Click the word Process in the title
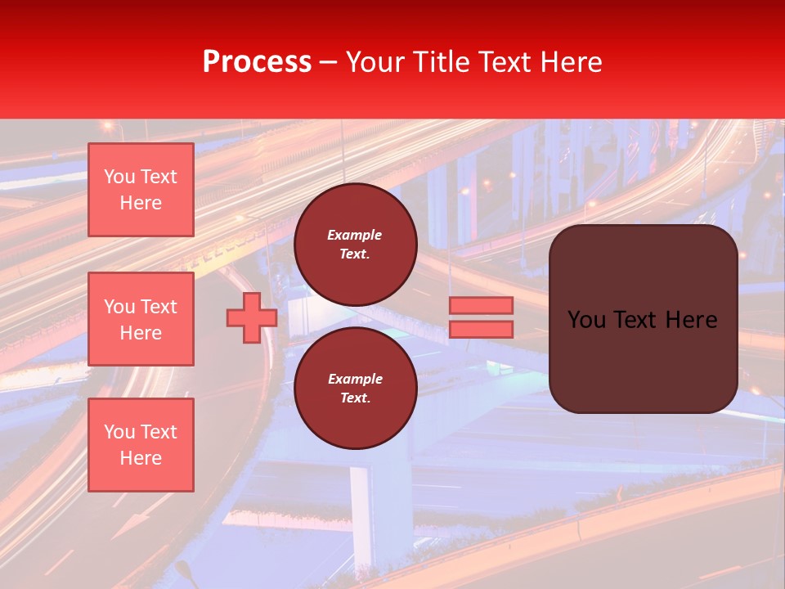click(257, 62)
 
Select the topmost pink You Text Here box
click(141, 190)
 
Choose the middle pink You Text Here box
click(141, 319)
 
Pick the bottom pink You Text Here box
click(141, 445)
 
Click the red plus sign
click(251, 317)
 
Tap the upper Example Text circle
click(356, 245)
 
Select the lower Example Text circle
click(356, 389)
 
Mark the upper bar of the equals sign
click(481, 305)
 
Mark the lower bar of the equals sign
click(481, 329)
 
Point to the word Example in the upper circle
click(355, 235)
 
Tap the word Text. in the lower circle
click(355, 398)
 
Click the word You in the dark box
click(586, 320)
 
